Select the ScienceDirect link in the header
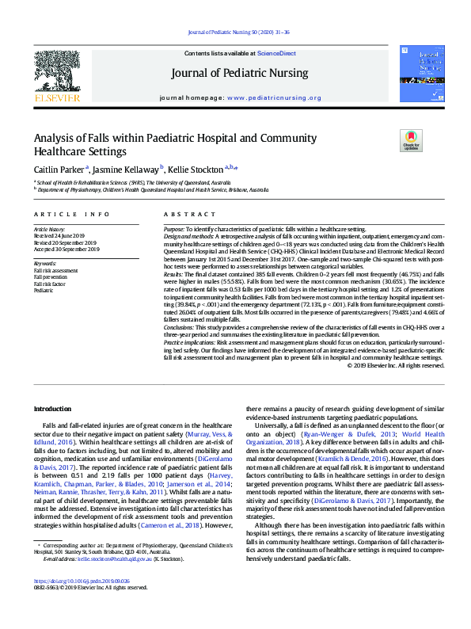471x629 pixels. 278,53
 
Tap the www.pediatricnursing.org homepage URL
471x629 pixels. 274,97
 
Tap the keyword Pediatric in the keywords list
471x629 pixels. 44,291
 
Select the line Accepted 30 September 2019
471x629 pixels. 66,249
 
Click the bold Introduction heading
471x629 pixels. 52,408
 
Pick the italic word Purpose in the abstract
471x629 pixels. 177,228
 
